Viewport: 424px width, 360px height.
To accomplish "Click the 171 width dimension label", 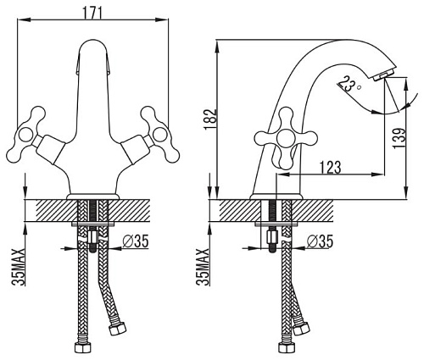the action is pos(92,12).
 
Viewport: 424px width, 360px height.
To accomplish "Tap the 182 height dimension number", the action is pos(211,119).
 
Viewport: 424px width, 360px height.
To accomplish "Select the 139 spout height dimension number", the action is pos(399,138).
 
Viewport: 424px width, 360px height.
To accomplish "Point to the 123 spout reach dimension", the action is pos(331,167).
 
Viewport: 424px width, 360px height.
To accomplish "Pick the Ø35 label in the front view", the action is pos(136,241).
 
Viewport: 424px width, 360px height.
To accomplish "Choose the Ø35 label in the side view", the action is pos(320,241).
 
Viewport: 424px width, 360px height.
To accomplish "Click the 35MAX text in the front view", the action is pos(19,267).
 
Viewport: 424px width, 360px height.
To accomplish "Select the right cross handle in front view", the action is pos(160,134).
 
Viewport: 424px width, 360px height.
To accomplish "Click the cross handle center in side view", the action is pos(285,138).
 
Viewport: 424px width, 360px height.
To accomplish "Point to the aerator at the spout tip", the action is pos(385,75).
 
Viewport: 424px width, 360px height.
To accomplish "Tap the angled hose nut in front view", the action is pos(118,328).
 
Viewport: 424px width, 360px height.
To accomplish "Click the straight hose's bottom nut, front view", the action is pos(82,348).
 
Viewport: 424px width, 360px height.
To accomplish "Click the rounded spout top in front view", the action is pos(92,45).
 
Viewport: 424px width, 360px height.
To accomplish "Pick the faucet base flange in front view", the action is pos(92,197).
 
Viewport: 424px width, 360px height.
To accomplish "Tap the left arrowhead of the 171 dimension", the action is pos(24,19).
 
